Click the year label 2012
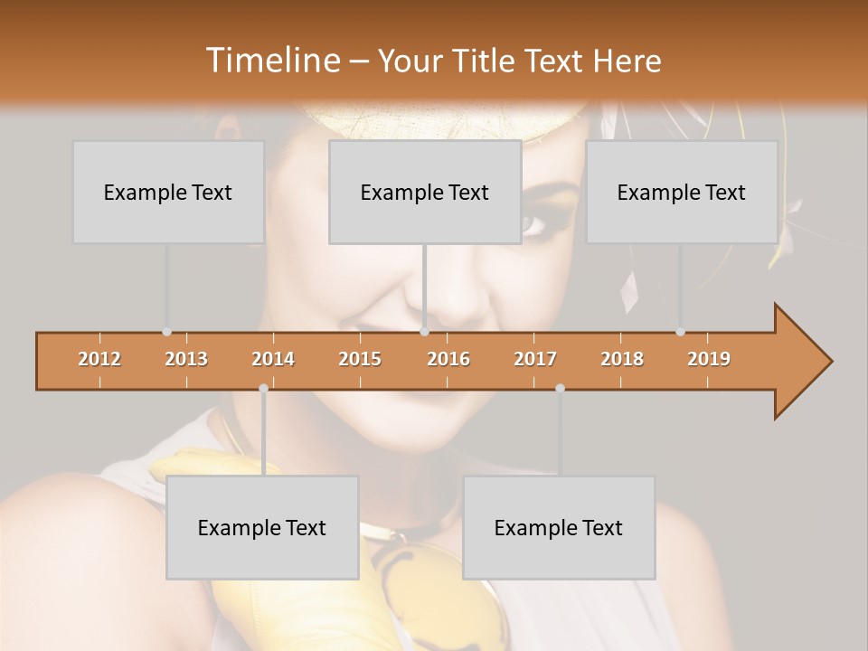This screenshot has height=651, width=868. [99, 359]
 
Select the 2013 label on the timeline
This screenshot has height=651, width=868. [186, 359]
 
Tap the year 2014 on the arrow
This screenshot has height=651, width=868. [273, 359]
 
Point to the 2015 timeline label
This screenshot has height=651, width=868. [360, 359]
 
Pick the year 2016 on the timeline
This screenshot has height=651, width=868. [448, 359]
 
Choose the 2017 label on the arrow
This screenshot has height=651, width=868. [535, 359]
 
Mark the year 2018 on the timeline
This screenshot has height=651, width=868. [622, 359]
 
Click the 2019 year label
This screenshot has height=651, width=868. [709, 359]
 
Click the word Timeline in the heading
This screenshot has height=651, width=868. [270, 61]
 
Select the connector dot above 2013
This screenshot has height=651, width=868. [166, 332]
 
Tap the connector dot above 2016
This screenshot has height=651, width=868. [424, 332]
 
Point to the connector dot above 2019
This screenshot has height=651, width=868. [680, 332]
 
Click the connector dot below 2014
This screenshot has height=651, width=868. [263, 388]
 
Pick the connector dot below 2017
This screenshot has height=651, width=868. [560, 388]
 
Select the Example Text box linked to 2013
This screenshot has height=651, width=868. [168, 192]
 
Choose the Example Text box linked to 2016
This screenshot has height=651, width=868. [425, 192]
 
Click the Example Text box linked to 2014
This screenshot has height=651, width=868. [262, 527]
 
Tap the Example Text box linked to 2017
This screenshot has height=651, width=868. [559, 527]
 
